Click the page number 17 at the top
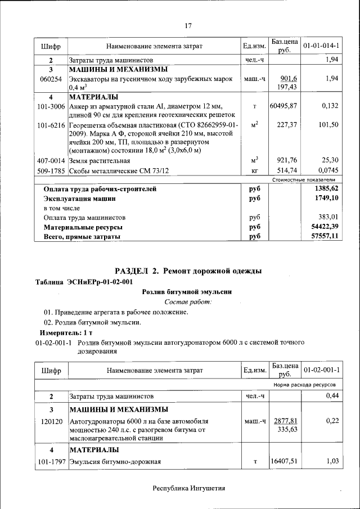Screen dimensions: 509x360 click(x=188, y=25)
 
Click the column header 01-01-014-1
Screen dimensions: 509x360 click(x=321, y=45)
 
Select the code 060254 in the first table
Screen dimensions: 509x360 click(x=51, y=79)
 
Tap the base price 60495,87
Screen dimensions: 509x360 click(x=283, y=106)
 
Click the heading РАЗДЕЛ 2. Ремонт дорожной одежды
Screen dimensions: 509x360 click(x=188, y=271)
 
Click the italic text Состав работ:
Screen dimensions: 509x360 click(x=188, y=302)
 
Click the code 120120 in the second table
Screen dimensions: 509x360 click(x=51, y=421)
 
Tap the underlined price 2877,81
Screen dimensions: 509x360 click(x=285, y=421)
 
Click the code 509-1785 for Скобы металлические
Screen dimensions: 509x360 click(x=51, y=170)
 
